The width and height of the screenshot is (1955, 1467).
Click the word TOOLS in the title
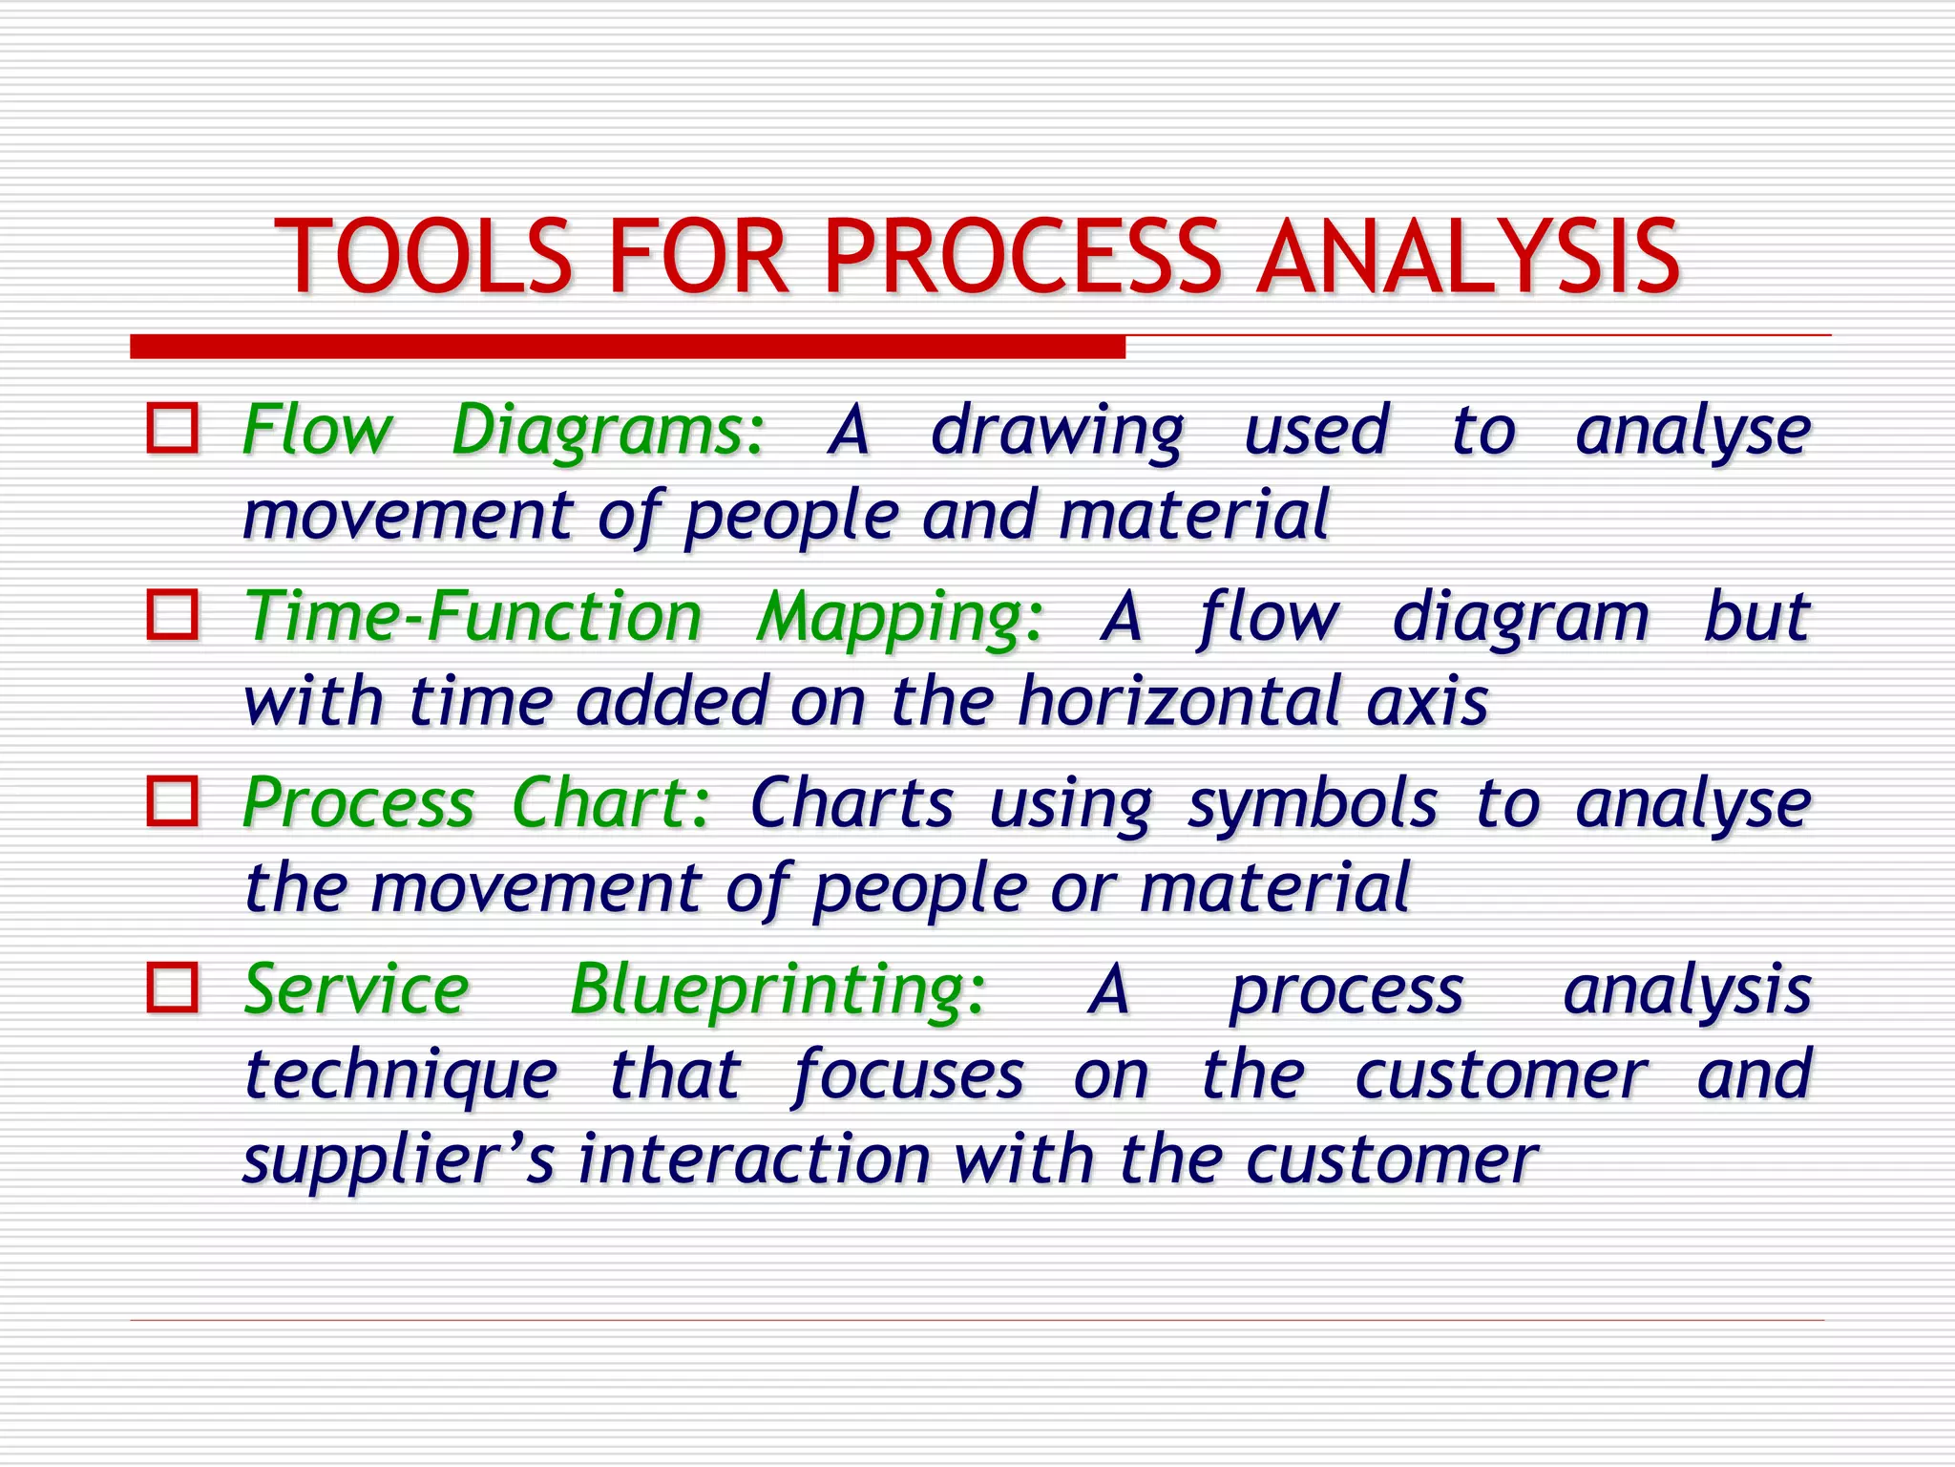(423, 257)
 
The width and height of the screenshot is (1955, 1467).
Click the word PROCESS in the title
(1021, 257)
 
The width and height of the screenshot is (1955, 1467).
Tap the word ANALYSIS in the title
(1468, 257)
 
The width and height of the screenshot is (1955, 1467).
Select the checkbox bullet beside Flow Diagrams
(173, 428)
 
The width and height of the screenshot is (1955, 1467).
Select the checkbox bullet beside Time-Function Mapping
(173, 614)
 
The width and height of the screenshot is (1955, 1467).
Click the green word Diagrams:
(608, 430)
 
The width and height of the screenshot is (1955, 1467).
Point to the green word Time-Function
(473, 616)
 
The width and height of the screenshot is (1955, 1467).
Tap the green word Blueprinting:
(777, 991)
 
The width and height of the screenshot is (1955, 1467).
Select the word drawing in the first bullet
(1057, 432)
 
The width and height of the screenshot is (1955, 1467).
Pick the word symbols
(1313, 804)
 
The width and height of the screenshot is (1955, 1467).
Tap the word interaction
(754, 1159)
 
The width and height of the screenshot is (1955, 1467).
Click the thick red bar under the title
(627, 347)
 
